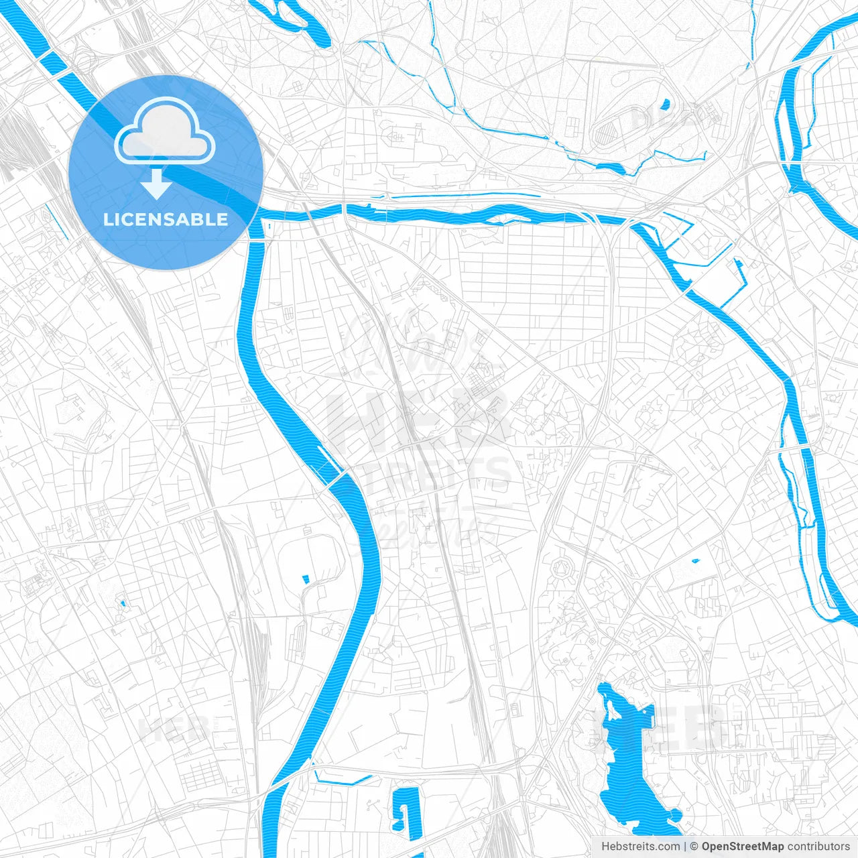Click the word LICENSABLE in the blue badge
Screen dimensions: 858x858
(x=166, y=220)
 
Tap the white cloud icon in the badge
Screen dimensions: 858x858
(x=165, y=134)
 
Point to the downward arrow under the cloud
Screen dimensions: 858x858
(x=157, y=183)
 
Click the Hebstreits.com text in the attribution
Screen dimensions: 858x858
(x=640, y=847)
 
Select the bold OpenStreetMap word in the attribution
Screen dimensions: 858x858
(x=743, y=847)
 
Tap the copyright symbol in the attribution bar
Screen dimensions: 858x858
(x=694, y=847)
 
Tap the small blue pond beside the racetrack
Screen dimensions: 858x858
(x=665, y=105)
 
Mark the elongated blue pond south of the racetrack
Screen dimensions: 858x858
(x=617, y=168)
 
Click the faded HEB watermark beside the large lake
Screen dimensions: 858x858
(x=690, y=727)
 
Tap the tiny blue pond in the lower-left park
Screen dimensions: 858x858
(x=123, y=604)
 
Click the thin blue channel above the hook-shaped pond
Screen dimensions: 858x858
(x=342, y=780)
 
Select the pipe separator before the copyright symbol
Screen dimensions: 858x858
(x=684, y=847)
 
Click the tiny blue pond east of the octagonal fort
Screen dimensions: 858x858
(x=695, y=560)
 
